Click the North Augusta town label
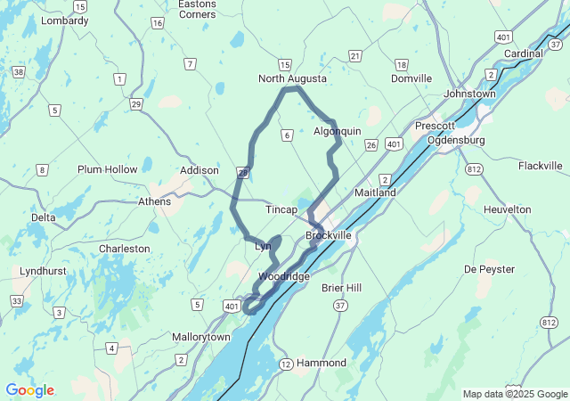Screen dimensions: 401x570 292,79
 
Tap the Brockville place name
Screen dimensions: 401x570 329,235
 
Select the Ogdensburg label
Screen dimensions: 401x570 455,141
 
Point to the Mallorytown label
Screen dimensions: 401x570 200,338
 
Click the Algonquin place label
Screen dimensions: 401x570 338,131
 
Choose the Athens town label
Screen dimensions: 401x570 155,201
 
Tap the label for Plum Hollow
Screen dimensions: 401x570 108,169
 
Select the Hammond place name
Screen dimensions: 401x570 322,364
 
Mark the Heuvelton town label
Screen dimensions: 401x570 507,209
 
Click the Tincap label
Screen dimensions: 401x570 281,209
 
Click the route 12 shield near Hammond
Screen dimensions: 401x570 285,364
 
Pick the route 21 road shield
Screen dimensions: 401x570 355,56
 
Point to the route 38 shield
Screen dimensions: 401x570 18,70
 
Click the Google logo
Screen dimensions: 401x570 29,390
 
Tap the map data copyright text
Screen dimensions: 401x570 514,394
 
